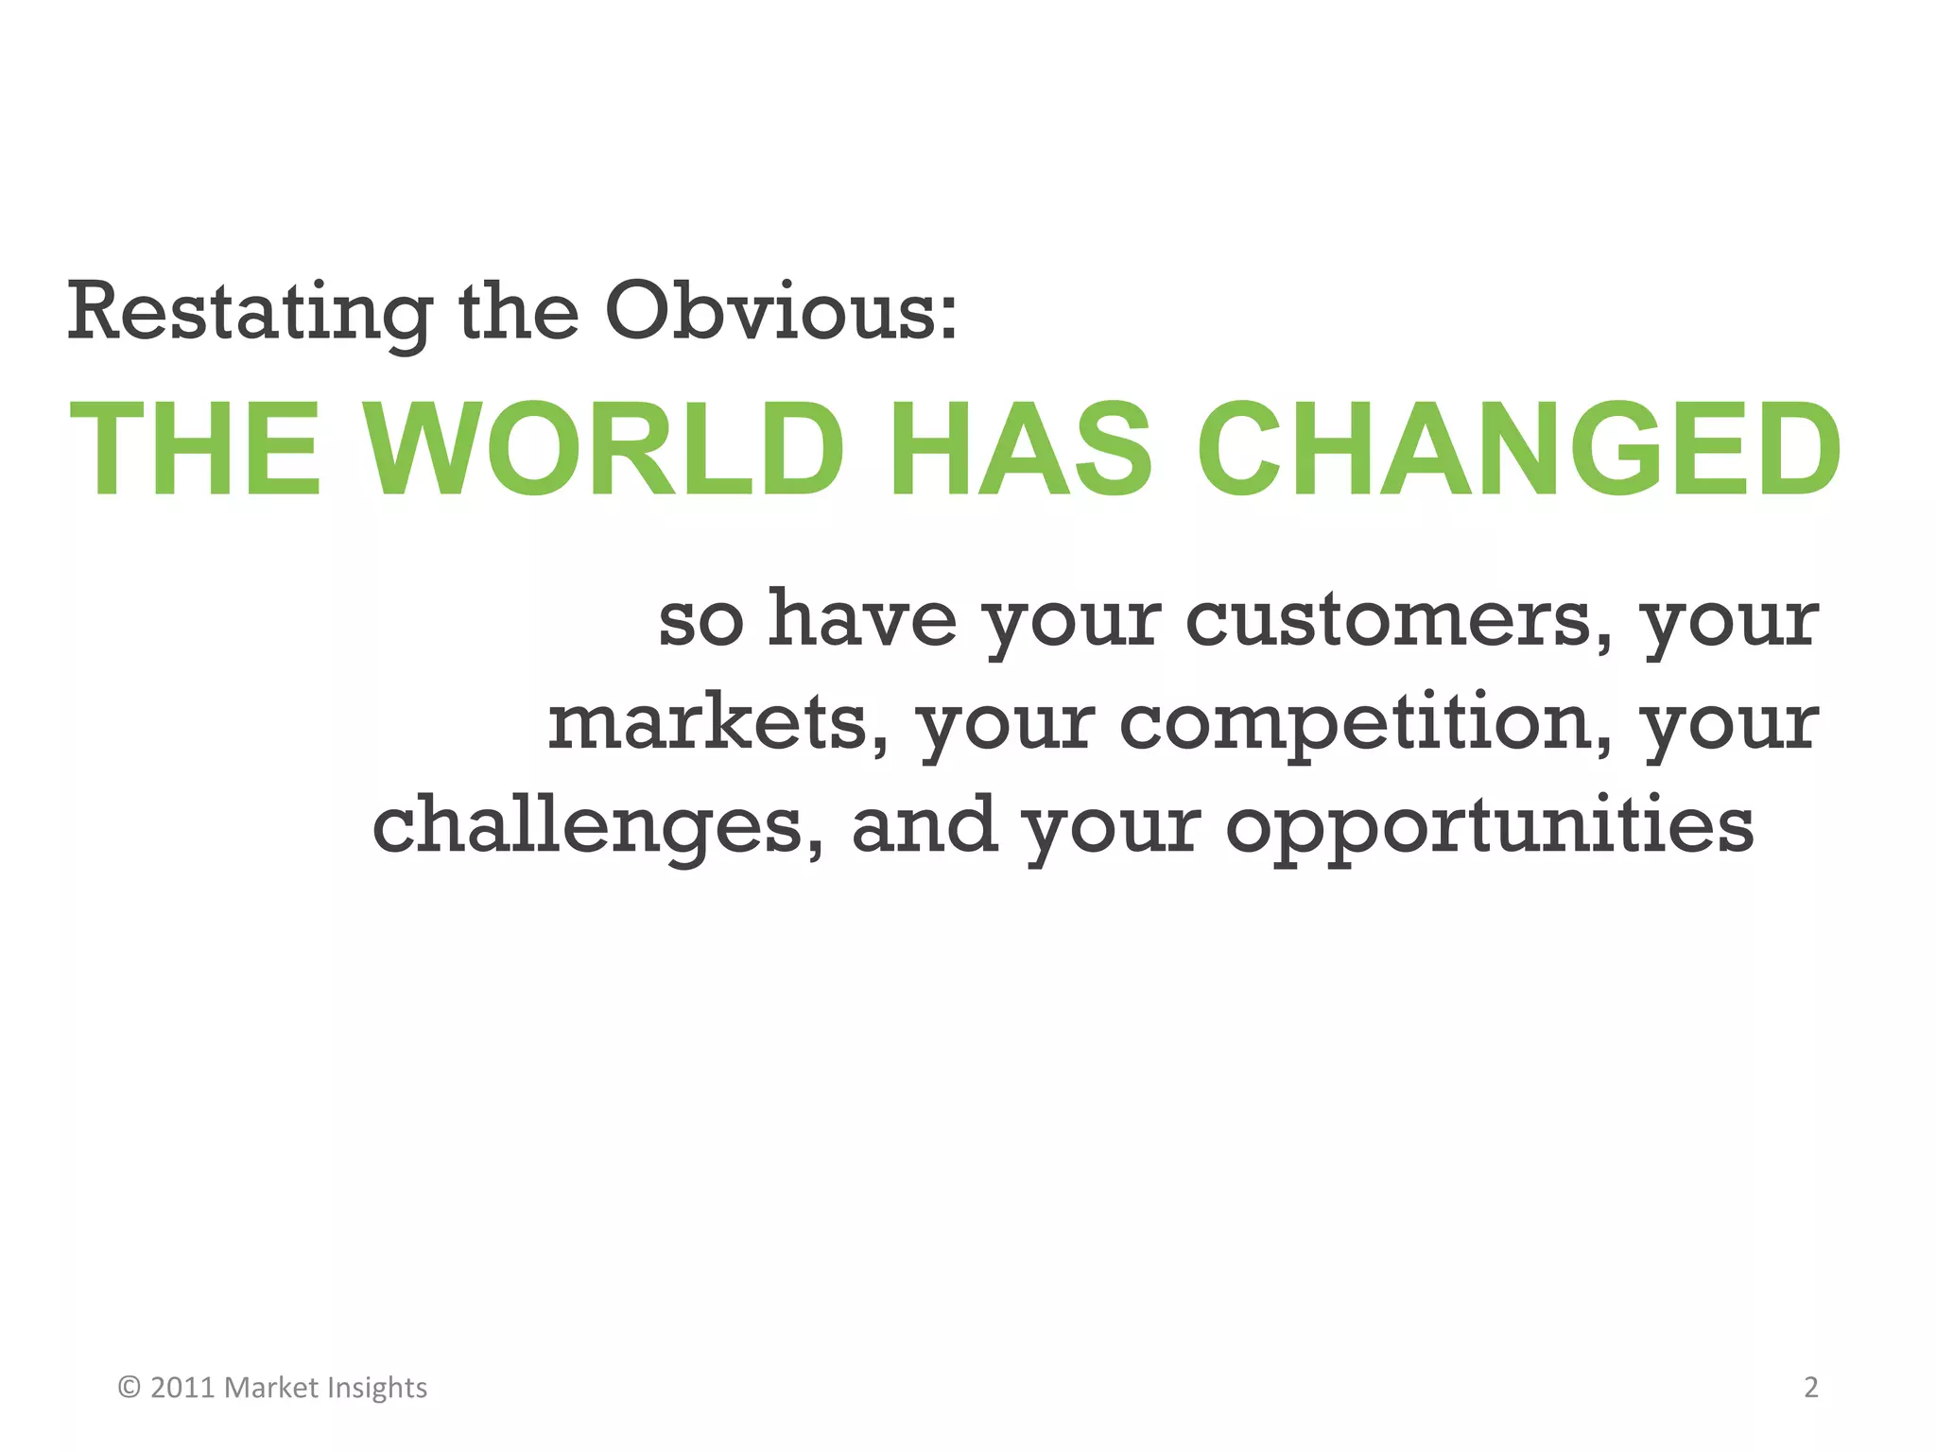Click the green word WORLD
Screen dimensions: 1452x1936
pyautogui.click(x=605, y=448)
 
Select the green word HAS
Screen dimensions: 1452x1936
pyautogui.click(x=1021, y=448)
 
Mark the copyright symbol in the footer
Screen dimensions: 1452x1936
pyautogui.click(x=130, y=1388)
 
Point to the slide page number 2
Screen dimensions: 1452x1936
pyautogui.click(x=1810, y=1388)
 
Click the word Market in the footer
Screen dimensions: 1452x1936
pyautogui.click(x=270, y=1388)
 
